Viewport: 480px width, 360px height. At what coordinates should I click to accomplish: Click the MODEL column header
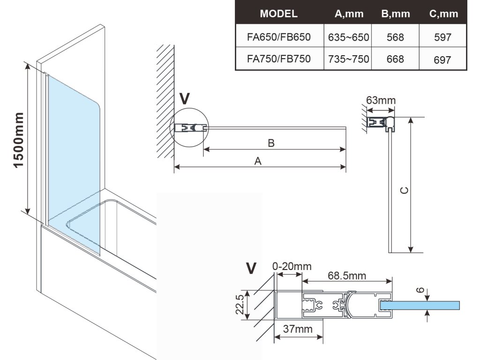[278, 14]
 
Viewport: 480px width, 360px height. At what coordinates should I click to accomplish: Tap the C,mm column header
[443, 14]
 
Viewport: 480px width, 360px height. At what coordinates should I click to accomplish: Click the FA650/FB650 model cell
[278, 37]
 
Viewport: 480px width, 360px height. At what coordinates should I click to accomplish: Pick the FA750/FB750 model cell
[278, 59]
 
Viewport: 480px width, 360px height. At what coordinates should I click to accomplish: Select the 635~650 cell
[349, 37]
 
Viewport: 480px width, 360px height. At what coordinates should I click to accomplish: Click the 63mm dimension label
[381, 100]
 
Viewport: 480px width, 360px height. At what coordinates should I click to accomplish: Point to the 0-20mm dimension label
[292, 266]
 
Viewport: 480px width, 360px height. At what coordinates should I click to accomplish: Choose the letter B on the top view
[271, 143]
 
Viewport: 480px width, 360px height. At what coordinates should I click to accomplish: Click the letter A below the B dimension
[257, 161]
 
